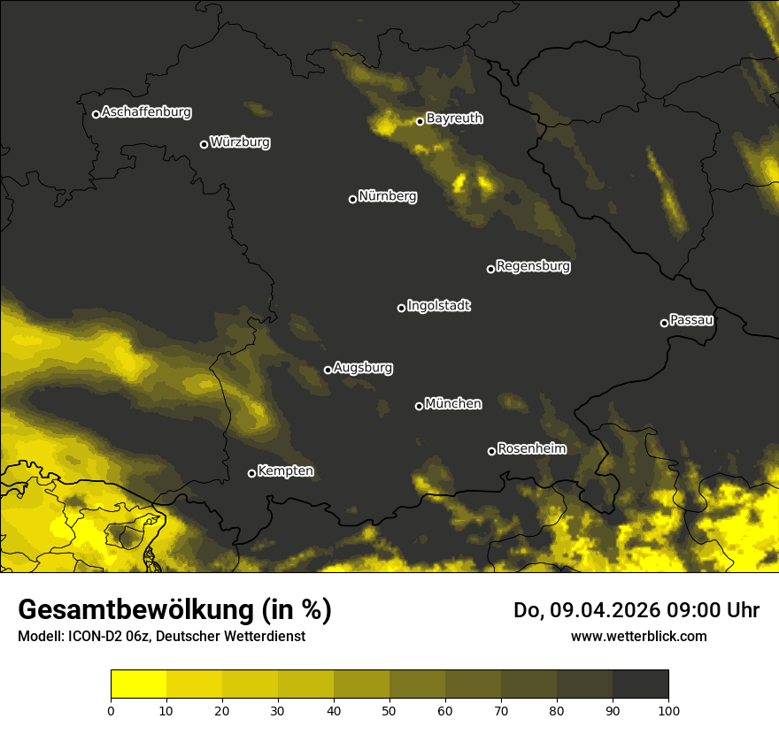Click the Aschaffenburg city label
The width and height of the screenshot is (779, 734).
146,112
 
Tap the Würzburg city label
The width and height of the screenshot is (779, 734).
240,142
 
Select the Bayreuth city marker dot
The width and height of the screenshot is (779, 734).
420,121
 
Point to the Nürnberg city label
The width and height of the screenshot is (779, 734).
388,196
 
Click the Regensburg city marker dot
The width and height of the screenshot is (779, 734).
490,269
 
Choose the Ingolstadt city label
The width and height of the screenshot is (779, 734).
439,306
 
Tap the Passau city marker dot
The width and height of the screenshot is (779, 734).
664,323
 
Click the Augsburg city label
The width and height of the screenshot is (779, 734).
363,368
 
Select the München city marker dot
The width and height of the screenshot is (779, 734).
420,406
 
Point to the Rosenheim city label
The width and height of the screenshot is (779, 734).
531,449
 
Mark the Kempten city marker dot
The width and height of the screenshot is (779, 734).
251,473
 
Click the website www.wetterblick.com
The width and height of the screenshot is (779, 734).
638,636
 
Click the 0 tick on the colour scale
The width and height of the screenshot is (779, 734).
111,709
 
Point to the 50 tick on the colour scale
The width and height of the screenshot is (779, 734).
389,709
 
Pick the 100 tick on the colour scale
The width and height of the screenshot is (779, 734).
668,709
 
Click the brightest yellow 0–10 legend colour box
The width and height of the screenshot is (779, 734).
139,684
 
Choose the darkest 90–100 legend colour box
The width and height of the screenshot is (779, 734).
640,684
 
